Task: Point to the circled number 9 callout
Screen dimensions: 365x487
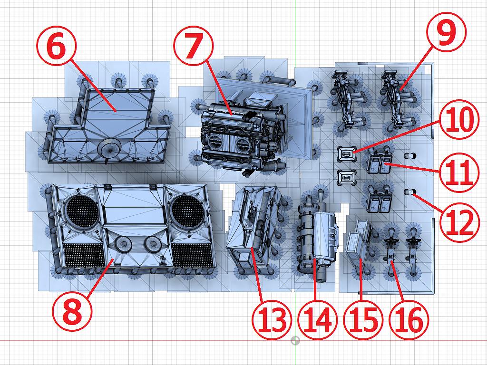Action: tap(447, 34)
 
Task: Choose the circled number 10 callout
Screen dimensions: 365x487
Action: tap(457, 122)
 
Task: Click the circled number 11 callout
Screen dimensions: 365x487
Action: tap(457, 171)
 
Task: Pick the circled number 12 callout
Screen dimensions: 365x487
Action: tap(457, 223)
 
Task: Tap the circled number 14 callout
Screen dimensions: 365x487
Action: tap(318, 321)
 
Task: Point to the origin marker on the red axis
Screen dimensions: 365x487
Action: tap(295, 341)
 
